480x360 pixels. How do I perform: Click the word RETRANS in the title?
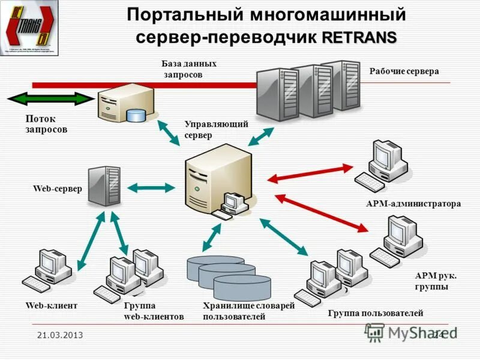[x=359, y=38]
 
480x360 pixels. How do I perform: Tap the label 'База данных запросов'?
[x=188, y=69]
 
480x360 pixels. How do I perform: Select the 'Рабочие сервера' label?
[x=404, y=71]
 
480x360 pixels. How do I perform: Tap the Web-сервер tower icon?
[x=104, y=186]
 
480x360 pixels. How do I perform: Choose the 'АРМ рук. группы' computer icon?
[x=397, y=241]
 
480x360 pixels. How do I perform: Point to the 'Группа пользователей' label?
[x=375, y=313]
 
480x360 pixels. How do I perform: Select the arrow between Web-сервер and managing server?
[x=151, y=188]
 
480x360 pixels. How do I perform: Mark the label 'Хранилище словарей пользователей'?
[x=248, y=311]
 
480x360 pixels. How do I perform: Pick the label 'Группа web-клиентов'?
[x=154, y=311]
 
